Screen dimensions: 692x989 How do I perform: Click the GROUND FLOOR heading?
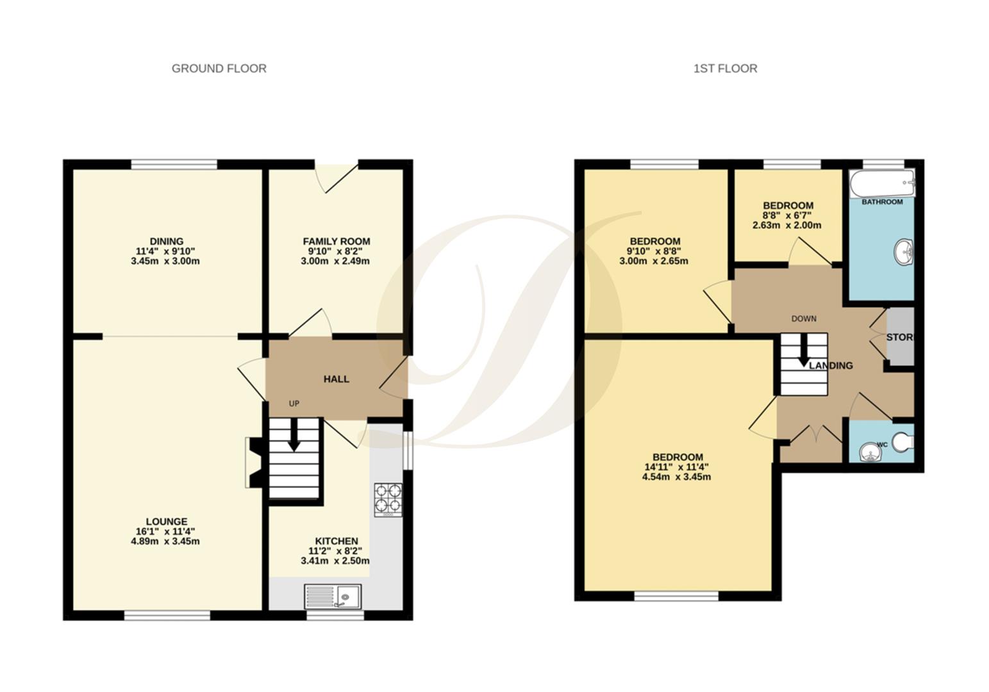[x=219, y=69]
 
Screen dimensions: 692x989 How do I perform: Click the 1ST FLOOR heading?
[x=725, y=69]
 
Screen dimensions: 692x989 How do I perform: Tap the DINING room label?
[x=166, y=242]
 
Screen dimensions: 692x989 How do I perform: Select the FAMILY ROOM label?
[x=336, y=242]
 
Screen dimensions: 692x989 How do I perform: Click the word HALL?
[x=336, y=379]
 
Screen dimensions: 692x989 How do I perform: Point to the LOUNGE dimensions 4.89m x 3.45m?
[x=165, y=541]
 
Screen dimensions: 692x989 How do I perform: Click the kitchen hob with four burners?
[x=388, y=499]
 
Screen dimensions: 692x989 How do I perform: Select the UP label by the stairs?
[x=294, y=404]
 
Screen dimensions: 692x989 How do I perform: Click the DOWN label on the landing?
[x=803, y=318]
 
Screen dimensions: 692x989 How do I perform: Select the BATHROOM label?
[x=882, y=202]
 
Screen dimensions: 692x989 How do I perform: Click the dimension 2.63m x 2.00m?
[x=786, y=226]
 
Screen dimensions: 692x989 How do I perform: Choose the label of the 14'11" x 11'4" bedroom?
[x=677, y=457]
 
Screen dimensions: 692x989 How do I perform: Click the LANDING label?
[x=831, y=366]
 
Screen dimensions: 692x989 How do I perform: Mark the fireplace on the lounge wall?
[x=253, y=463]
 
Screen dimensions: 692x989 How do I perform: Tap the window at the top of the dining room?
[x=174, y=164]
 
